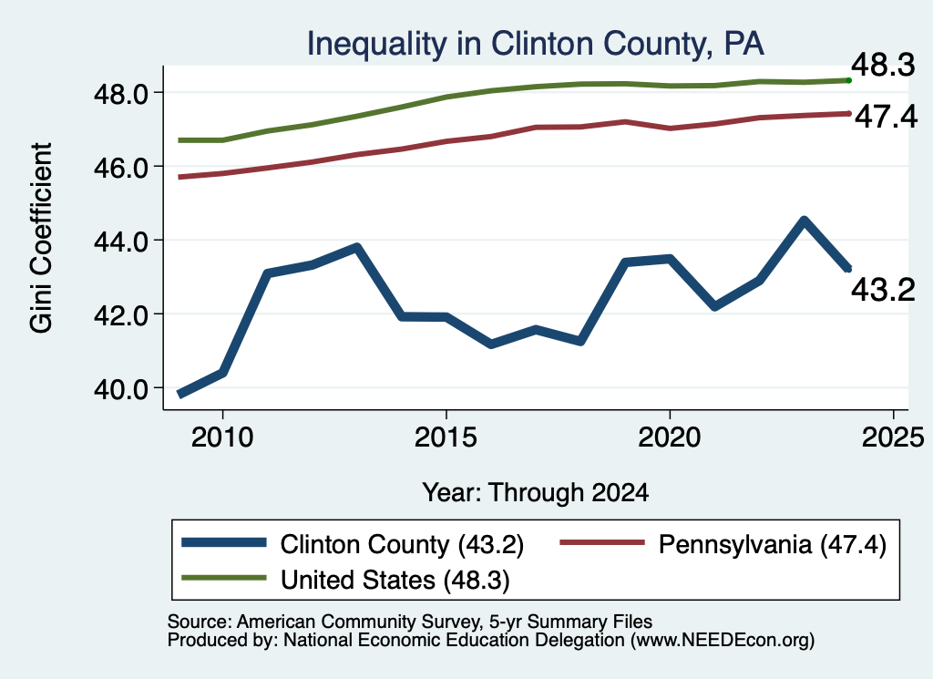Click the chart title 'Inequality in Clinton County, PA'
click(x=535, y=45)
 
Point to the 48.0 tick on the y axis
click(x=121, y=94)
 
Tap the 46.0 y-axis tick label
click(x=121, y=168)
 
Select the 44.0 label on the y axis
click(x=121, y=242)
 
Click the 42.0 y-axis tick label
click(x=121, y=315)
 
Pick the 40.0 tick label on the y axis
click(x=121, y=389)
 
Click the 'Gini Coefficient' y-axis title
click(x=41, y=238)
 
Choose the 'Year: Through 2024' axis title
click(x=536, y=493)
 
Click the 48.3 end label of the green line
click(x=883, y=65)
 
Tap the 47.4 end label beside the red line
click(x=886, y=117)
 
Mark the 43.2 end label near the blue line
click(x=883, y=291)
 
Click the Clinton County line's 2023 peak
click(x=804, y=221)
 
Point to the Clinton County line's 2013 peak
click(x=356, y=248)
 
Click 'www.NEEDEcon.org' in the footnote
click(x=720, y=640)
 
